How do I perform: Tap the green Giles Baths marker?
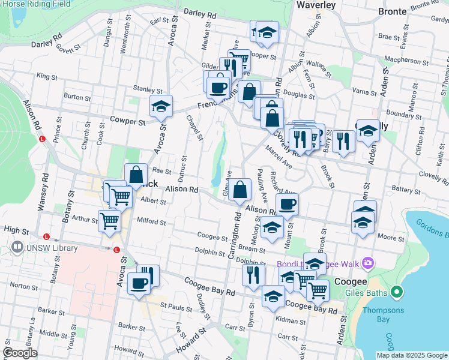[396, 293]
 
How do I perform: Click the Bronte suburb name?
[392, 11]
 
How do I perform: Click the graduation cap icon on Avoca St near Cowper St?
[161, 106]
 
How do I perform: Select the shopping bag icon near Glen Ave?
[240, 190]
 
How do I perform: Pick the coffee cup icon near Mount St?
[287, 204]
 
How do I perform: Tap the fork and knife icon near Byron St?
[253, 274]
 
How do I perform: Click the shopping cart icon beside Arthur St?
[109, 220]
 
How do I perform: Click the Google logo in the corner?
[20, 352]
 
